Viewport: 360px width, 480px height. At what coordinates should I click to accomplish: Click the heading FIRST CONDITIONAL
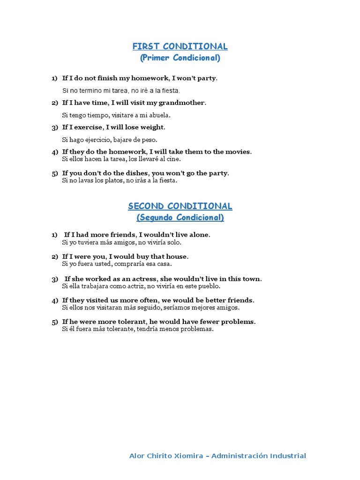[180, 46]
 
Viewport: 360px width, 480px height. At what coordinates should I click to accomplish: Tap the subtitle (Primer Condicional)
[180, 58]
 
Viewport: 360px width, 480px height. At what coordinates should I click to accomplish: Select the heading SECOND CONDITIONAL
[180, 206]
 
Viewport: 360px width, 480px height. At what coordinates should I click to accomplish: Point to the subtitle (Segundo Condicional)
[180, 218]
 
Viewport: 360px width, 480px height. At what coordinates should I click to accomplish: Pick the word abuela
[159, 115]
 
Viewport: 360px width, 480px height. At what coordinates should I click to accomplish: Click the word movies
[238, 152]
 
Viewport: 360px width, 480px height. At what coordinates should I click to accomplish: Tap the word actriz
[134, 286]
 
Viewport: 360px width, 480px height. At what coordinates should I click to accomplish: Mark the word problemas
[198, 329]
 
